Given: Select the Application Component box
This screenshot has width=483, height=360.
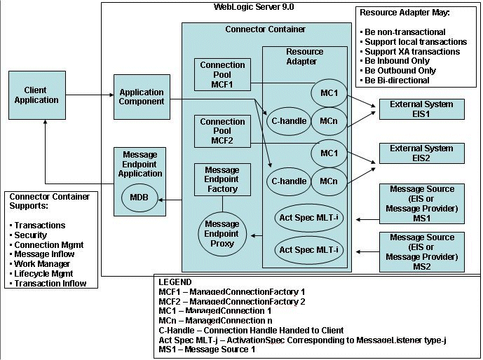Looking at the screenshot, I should pyautogui.click(x=142, y=97).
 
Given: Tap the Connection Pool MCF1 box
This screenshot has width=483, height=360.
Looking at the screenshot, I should pyautogui.click(x=222, y=75).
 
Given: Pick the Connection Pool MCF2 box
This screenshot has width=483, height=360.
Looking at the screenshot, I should pyautogui.click(x=222, y=131).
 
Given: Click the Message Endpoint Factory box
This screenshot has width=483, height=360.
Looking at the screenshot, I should pyautogui.click(x=222, y=179).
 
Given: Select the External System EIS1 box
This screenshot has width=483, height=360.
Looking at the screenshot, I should pyautogui.click(x=421, y=109).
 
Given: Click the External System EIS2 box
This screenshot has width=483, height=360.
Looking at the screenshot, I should pyautogui.click(x=421, y=153).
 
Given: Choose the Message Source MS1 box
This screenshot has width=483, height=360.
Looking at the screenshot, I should pyautogui.click(x=421, y=203).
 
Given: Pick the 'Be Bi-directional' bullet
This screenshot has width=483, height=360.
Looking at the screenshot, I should pyautogui.click(x=396, y=81).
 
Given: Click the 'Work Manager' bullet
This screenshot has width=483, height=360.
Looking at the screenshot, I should pyautogui.click(x=41, y=264).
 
